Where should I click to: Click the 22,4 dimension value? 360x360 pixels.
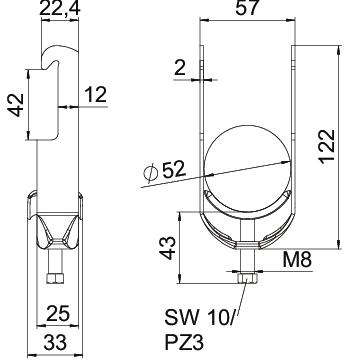[x=60, y=8]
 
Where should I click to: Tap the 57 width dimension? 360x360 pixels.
[x=248, y=8]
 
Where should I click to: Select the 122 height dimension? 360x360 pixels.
[x=326, y=146]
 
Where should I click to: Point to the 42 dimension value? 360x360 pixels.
[x=17, y=105]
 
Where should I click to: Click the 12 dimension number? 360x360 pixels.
[x=96, y=94]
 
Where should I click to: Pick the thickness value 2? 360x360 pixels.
[x=180, y=68]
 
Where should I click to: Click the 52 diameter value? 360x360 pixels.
[x=173, y=169]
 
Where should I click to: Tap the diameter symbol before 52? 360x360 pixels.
[x=150, y=173]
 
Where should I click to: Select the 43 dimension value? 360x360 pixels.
[x=167, y=248]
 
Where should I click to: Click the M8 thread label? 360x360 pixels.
[x=297, y=260]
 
